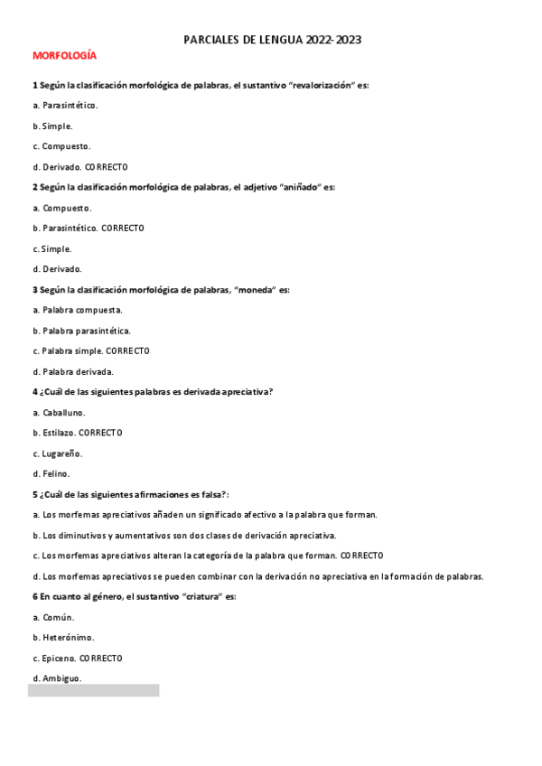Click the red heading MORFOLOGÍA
64,56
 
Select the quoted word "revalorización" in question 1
320,85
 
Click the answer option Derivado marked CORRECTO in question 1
61,167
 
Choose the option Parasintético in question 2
70,229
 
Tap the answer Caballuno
64,413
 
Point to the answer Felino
56,473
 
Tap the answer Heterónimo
68,638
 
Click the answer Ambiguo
62,678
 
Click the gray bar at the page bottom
93,690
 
